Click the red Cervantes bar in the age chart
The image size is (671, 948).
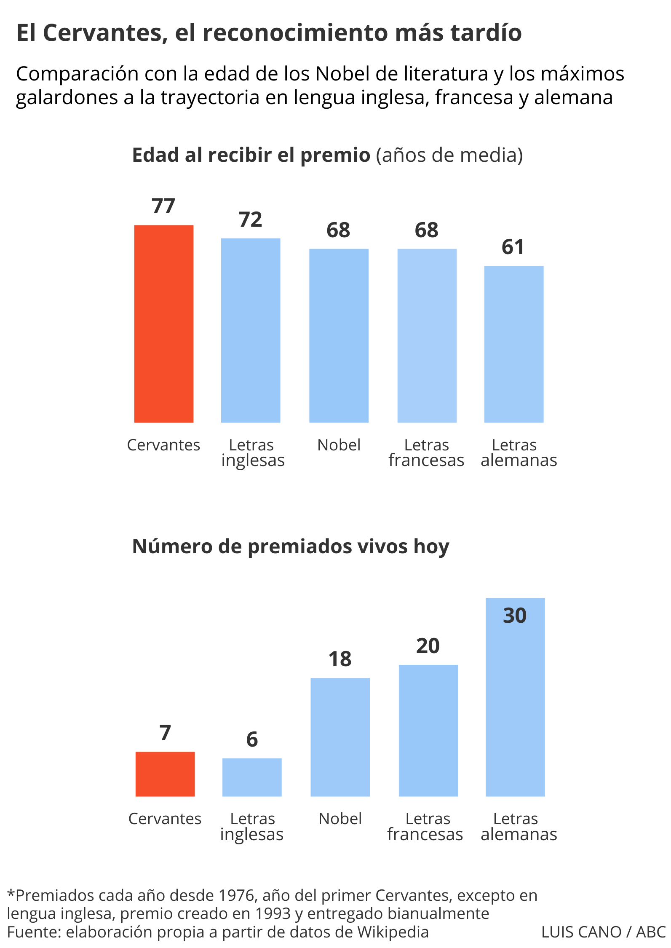coord(163,324)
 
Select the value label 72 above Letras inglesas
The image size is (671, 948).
coord(250,220)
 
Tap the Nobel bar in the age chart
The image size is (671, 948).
coord(339,335)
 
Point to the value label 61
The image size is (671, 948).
coord(513,247)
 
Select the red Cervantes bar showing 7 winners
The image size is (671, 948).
coord(165,774)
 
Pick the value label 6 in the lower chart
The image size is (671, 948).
coord(252,739)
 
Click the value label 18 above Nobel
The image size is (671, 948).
coord(340,659)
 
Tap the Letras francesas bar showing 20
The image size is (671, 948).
coord(428,731)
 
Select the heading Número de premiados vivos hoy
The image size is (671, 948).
coord(291,546)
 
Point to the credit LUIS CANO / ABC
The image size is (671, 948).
coord(603,932)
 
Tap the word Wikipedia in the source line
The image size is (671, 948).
coord(393,932)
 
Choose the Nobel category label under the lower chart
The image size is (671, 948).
coord(340,819)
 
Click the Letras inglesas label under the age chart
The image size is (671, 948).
coord(252,453)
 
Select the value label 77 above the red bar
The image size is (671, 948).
coord(163,206)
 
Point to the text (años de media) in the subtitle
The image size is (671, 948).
coord(449,155)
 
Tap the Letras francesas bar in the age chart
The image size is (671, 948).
coord(427,335)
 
